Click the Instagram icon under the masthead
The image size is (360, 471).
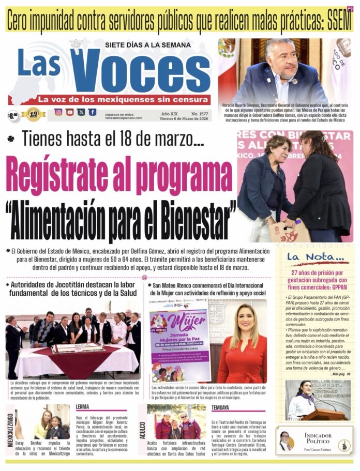coord(58,112)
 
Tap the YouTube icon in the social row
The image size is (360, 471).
coord(70,112)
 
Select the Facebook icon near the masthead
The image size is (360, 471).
coord(92,112)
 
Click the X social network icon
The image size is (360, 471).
coord(81,112)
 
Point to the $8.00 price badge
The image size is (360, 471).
coord(13,114)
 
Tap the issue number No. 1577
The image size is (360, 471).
coord(197,112)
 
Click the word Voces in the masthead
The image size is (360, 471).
coord(140,72)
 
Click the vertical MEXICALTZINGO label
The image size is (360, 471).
coord(10,429)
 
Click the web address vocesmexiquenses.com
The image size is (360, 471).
coord(123,117)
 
